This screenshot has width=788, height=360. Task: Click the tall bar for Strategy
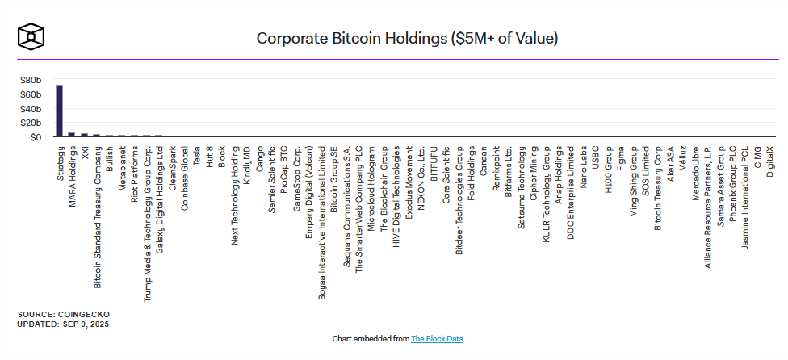pos(59,111)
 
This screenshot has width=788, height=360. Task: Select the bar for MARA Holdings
pos(72,135)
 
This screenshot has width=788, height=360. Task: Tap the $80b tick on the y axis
pos(31,81)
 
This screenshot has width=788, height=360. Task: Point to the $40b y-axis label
pos(31,109)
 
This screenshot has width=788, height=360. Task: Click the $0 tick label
pos(35,137)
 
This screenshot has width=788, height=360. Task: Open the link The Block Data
pos(438,339)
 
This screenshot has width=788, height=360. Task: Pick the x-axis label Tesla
pos(196,156)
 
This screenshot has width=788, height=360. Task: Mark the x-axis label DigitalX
pos(769,158)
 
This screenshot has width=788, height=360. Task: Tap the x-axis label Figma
pos(621,156)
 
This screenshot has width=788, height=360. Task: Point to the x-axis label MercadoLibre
pos(695,169)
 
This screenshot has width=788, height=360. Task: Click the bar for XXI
pos(84,136)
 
